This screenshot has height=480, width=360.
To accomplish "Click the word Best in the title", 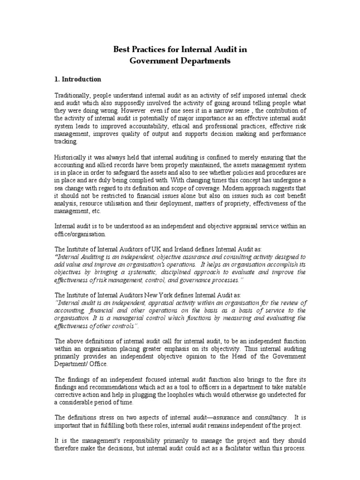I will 122,49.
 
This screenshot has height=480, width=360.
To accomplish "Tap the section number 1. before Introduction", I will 58,79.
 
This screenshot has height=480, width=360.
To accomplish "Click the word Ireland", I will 185,249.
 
